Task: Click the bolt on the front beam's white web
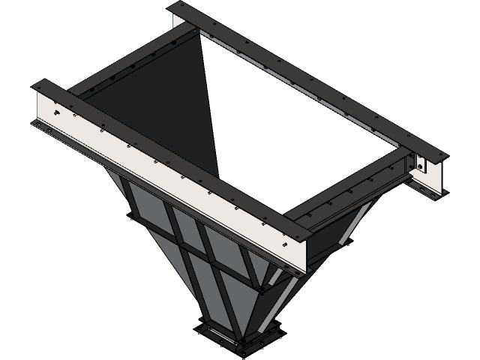56,113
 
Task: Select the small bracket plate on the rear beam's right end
419,164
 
